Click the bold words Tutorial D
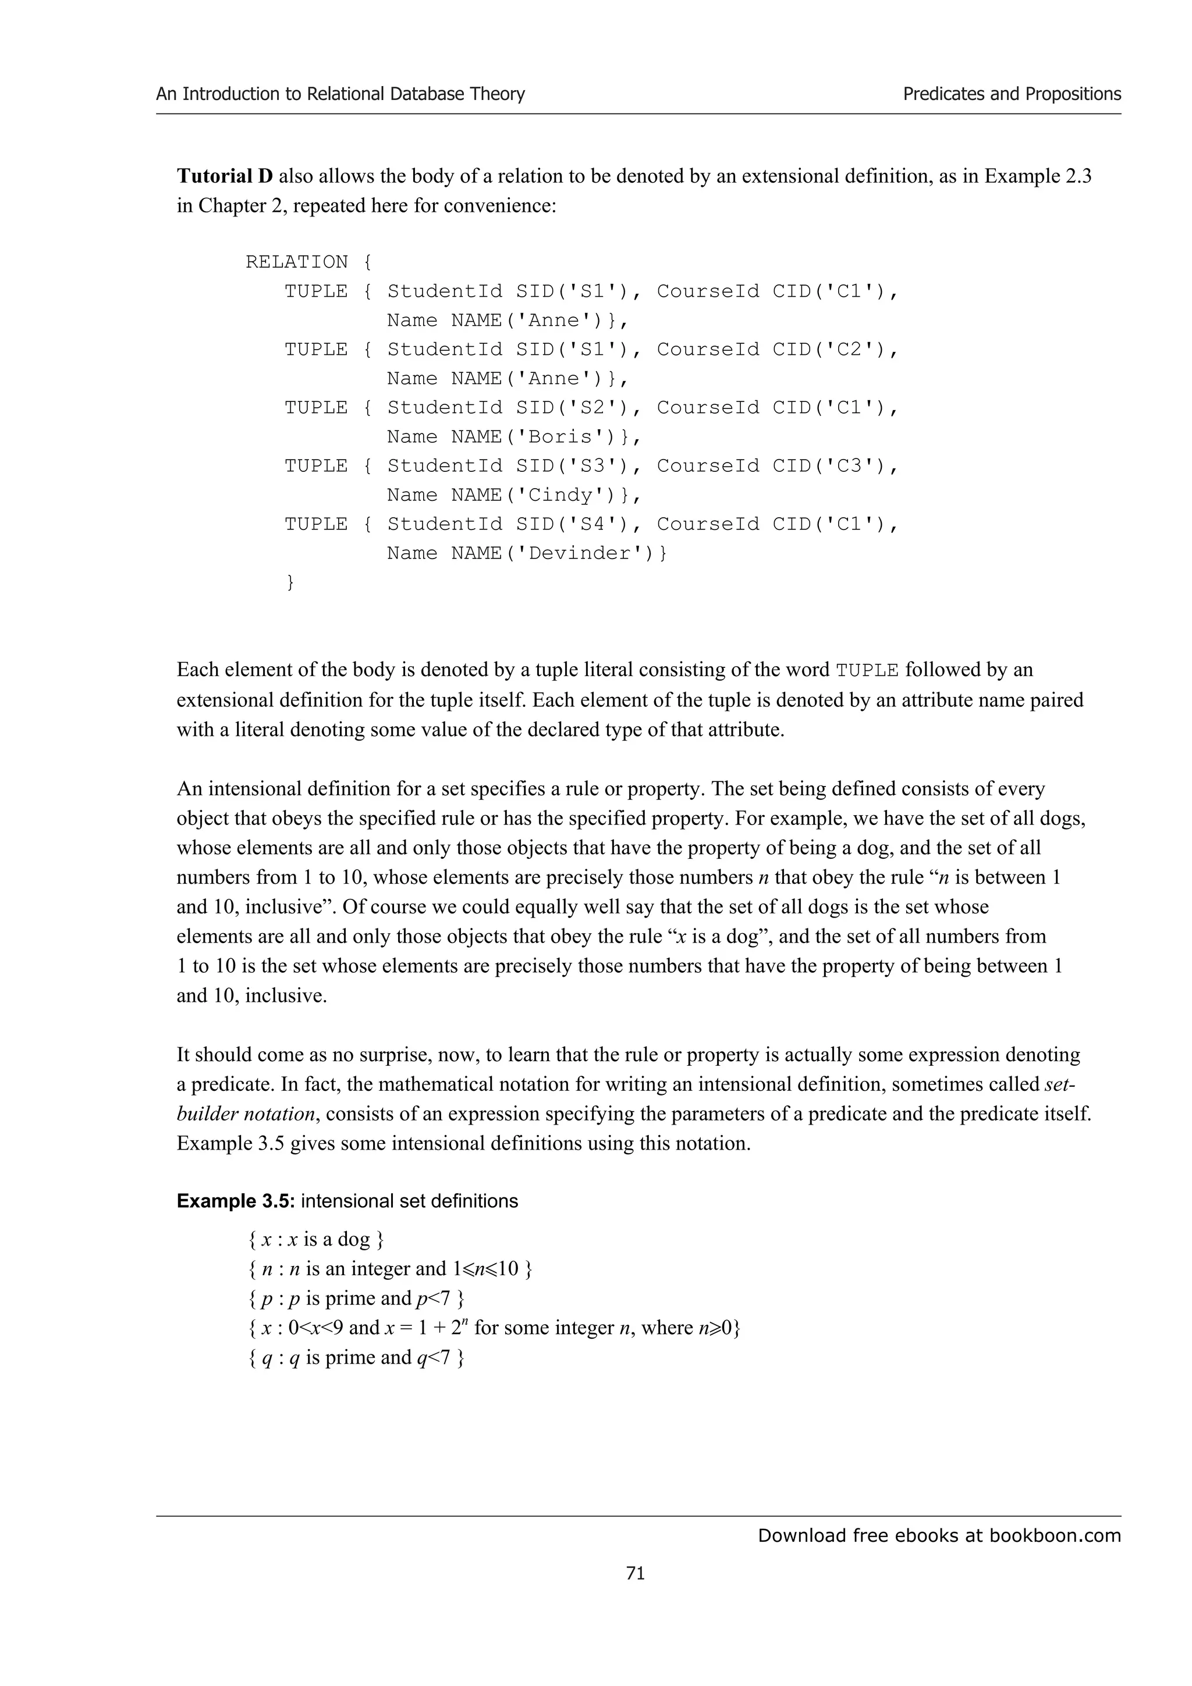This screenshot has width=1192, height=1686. [x=225, y=176]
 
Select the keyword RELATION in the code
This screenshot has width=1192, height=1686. [x=297, y=262]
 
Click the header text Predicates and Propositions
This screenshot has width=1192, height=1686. [x=1012, y=94]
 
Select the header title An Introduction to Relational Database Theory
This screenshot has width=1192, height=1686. [x=340, y=94]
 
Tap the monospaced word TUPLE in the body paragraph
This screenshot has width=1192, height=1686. [x=867, y=670]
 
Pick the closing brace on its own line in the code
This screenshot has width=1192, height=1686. [x=289, y=582]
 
